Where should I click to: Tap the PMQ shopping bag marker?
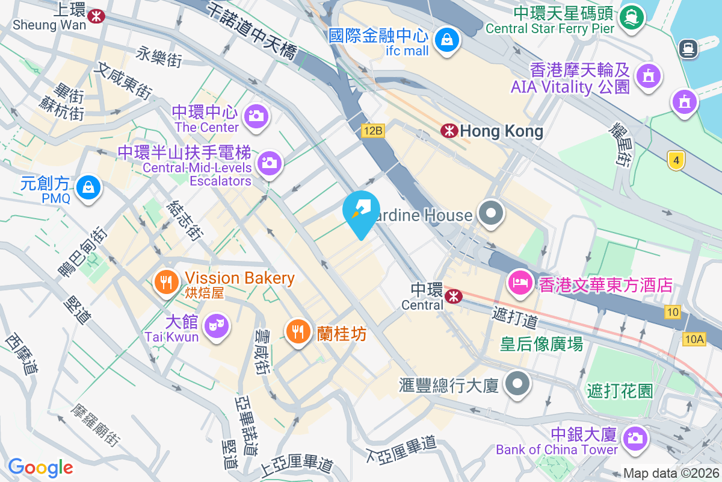click(x=88, y=187)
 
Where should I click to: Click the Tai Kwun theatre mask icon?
click(x=217, y=326)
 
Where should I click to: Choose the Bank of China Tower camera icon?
click(x=634, y=438)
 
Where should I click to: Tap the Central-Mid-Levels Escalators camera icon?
click(x=269, y=162)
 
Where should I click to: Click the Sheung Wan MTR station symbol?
click(x=95, y=16)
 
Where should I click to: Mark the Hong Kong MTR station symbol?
click(x=448, y=130)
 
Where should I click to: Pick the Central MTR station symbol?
click(x=453, y=296)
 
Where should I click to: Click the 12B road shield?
click(x=372, y=130)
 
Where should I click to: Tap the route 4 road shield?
click(x=676, y=160)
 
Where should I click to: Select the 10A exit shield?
click(x=694, y=340)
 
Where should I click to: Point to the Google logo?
click(x=40, y=467)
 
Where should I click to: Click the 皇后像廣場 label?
click(x=541, y=344)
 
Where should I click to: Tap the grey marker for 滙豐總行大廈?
click(x=517, y=384)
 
